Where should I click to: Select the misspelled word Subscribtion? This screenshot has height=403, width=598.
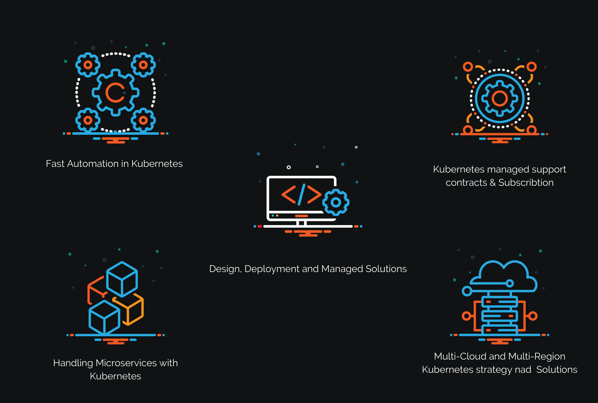(526, 183)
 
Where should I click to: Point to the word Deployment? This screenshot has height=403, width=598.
(272, 269)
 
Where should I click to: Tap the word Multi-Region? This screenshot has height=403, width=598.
(537, 356)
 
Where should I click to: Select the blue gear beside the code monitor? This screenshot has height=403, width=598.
(336, 202)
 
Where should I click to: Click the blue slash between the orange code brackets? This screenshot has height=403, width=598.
(301, 194)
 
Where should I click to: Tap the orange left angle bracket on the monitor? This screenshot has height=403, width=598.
(288, 194)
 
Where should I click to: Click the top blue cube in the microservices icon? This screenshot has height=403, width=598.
(122, 279)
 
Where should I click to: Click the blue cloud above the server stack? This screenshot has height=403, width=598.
(504, 274)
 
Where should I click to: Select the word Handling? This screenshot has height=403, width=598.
(73, 363)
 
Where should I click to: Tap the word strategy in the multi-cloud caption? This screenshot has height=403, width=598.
(492, 370)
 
